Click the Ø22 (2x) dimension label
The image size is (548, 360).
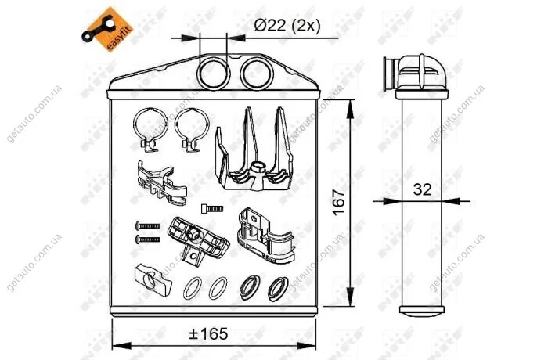[x=287, y=26]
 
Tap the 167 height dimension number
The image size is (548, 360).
[x=338, y=203]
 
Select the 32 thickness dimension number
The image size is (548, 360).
[x=422, y=189]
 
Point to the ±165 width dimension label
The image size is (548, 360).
[x=208, y=333]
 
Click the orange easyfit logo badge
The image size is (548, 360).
[x=107, y=29]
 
